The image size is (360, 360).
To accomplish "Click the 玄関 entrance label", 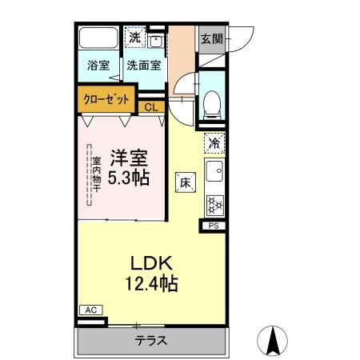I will click(x=211, y=38).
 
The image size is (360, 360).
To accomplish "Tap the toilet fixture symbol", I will click(x=213, y=101).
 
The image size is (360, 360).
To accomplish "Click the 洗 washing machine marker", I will click(x=135, y=37).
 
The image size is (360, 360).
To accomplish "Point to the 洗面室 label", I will click(x=144, y=66).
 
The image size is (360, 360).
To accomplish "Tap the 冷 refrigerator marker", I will click(x=214, y=142).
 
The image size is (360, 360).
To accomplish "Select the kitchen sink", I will click(x=214, y=171).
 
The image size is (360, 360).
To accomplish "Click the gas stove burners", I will click(x=214, y=204).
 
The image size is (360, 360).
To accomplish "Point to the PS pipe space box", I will click(x=214, y=226).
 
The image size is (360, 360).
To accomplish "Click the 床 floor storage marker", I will click(x=185, y=182).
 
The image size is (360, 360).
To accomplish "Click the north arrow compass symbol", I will click(x=272, y=342).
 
